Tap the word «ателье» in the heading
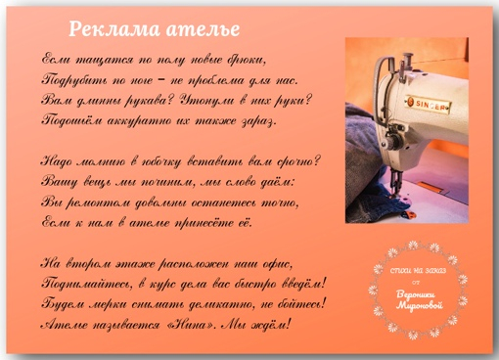click(x=204, y=28)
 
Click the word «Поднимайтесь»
click(x=90, y=284)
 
